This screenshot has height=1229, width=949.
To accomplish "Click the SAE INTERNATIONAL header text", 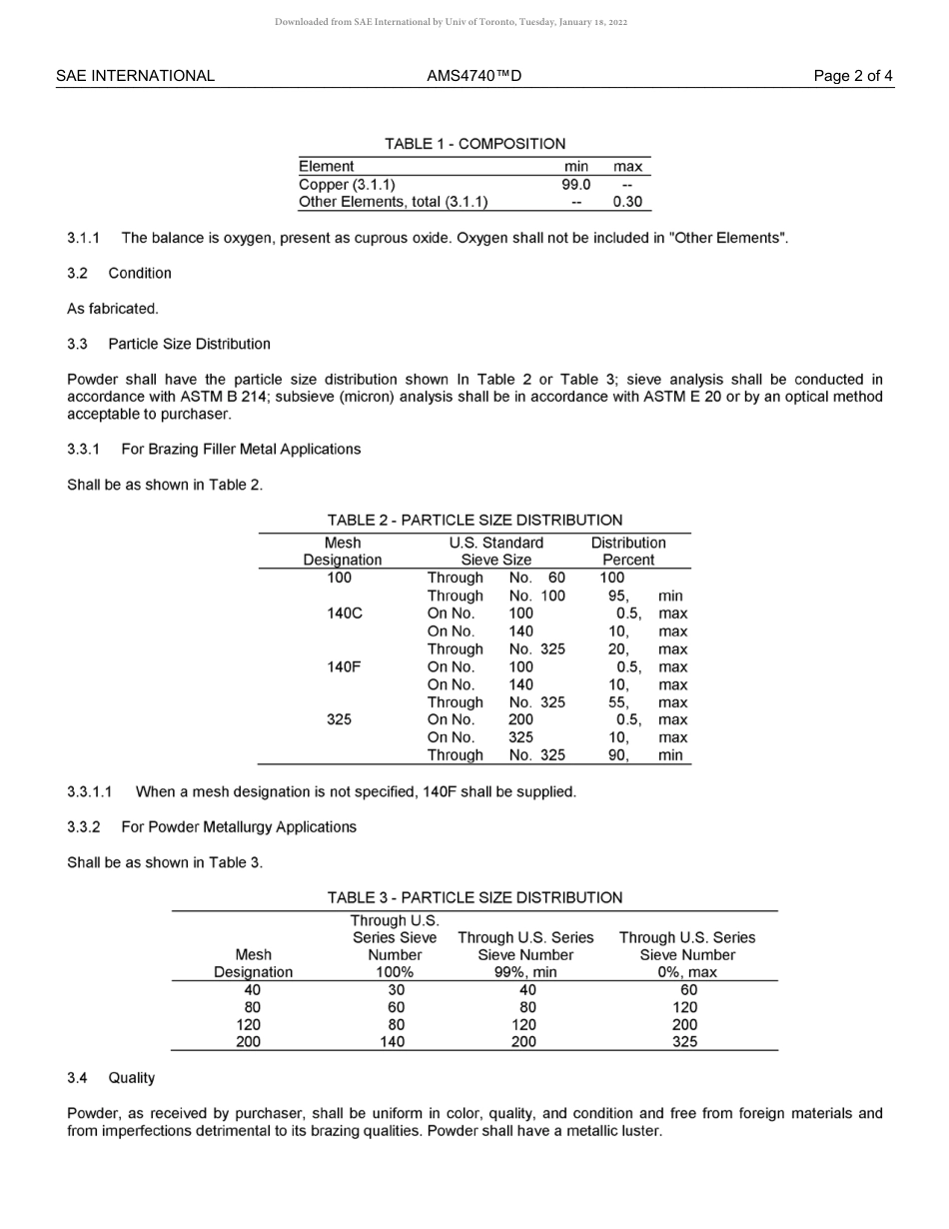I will coord(135,76).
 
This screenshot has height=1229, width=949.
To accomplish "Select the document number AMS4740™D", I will coord(474,76).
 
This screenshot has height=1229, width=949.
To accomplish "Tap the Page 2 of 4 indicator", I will coord(853,76).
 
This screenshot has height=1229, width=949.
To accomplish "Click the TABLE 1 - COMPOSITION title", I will coord(474,144).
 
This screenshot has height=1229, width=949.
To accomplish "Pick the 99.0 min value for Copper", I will coord(575,185).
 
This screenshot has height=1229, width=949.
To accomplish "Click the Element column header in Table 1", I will coord(327,167).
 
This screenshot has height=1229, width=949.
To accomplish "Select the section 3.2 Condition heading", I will coord(119,274).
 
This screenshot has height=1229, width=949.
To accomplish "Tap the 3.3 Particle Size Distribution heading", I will coord(169,345).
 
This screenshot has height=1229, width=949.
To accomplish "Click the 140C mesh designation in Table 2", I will coord(343,614).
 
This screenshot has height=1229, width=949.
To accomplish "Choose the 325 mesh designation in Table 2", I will coord(340,720).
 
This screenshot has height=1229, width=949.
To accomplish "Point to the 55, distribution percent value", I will coord(619,702).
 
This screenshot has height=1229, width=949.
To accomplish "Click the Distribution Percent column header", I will coord(628,552).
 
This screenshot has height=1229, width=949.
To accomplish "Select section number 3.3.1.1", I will coord(89,792).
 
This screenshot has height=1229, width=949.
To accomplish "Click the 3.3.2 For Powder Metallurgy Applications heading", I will coord(212,827).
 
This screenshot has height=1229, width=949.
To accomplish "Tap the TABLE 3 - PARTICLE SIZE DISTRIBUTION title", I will coord(474,898).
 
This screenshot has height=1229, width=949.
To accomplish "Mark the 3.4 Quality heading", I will coord(111,1078).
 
